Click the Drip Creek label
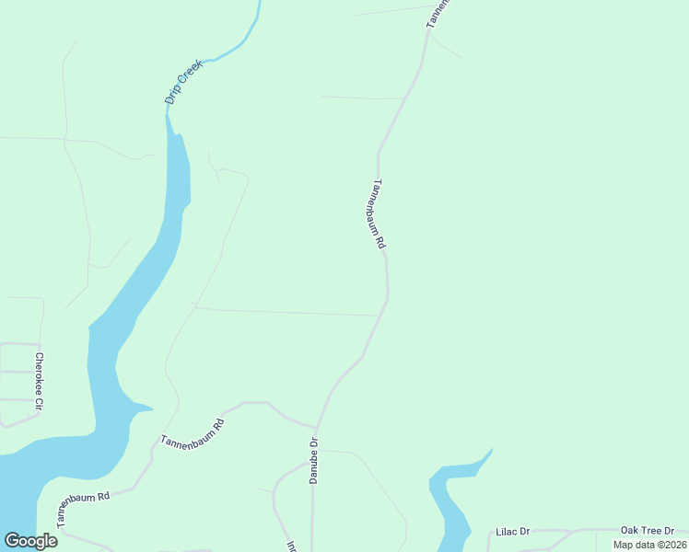click(x=182, y=82)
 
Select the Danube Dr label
click(x=313, y=461)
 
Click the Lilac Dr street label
click(x=513, y=532)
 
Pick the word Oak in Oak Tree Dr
click(x=630, y=530)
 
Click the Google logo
click(x=30, y=541)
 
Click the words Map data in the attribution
click(x=631, y=545)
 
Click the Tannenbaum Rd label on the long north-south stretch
click(x=379, y=214)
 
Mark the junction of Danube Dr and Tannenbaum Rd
click(x=316, y=429)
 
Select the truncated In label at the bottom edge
click(x=291, y=546)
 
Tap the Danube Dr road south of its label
click(x=313, y=515)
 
